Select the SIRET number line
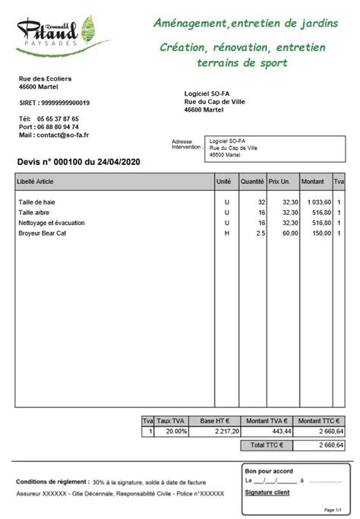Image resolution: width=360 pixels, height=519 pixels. click(54, 103)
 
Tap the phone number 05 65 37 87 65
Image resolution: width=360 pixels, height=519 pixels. click(56, 119)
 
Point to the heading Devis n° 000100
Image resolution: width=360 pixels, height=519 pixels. click(78, 161)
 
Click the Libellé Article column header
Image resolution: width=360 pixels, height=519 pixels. click(36, 182)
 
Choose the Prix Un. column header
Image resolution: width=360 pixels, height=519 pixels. click(280, 182)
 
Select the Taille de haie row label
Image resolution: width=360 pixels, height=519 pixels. click(37, 202)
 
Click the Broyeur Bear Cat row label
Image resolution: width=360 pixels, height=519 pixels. click(43, 233)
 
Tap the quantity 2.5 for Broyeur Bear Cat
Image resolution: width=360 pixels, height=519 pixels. click(261, 233)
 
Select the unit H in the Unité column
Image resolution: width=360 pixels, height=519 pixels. click(226, 233)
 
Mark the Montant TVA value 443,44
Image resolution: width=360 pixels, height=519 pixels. click(280, 432)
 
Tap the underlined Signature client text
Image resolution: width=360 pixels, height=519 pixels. click(267, 492)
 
